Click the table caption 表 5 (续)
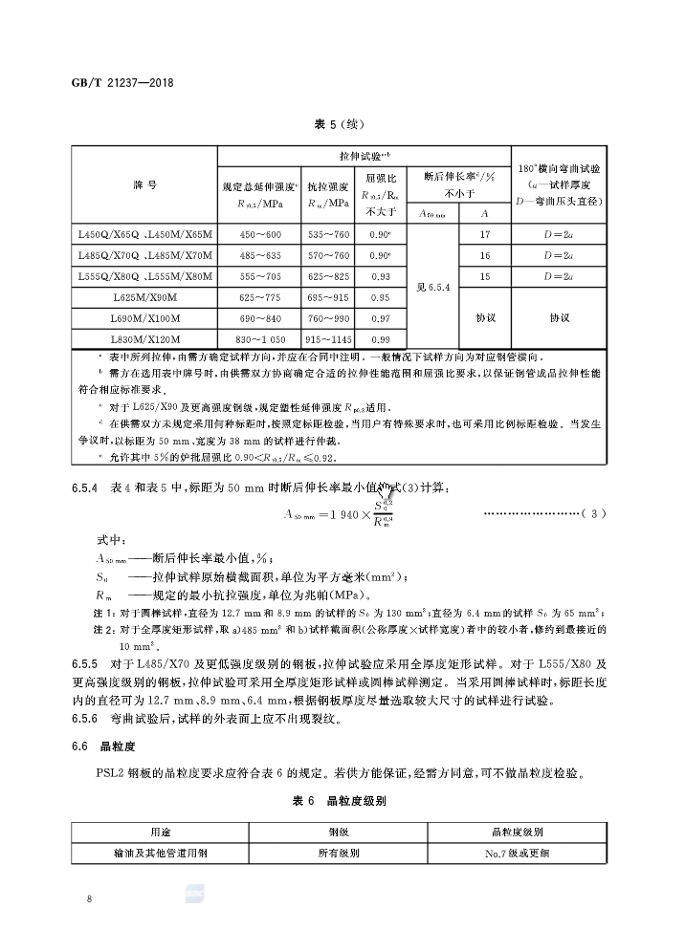(x=340, y=124)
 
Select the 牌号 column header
(x=144, y=183)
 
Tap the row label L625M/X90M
(x=144, y=297)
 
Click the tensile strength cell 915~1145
(x=328, y=339)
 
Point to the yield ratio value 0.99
(x=380, y=339)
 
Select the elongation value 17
(x=485, y=233)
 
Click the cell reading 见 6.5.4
(x=433, y=287)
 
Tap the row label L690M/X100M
(x=144, y=318)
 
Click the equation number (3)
(x=594, y=514)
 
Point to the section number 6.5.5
(x=85, y=662)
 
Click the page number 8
(x=89, y=898)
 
